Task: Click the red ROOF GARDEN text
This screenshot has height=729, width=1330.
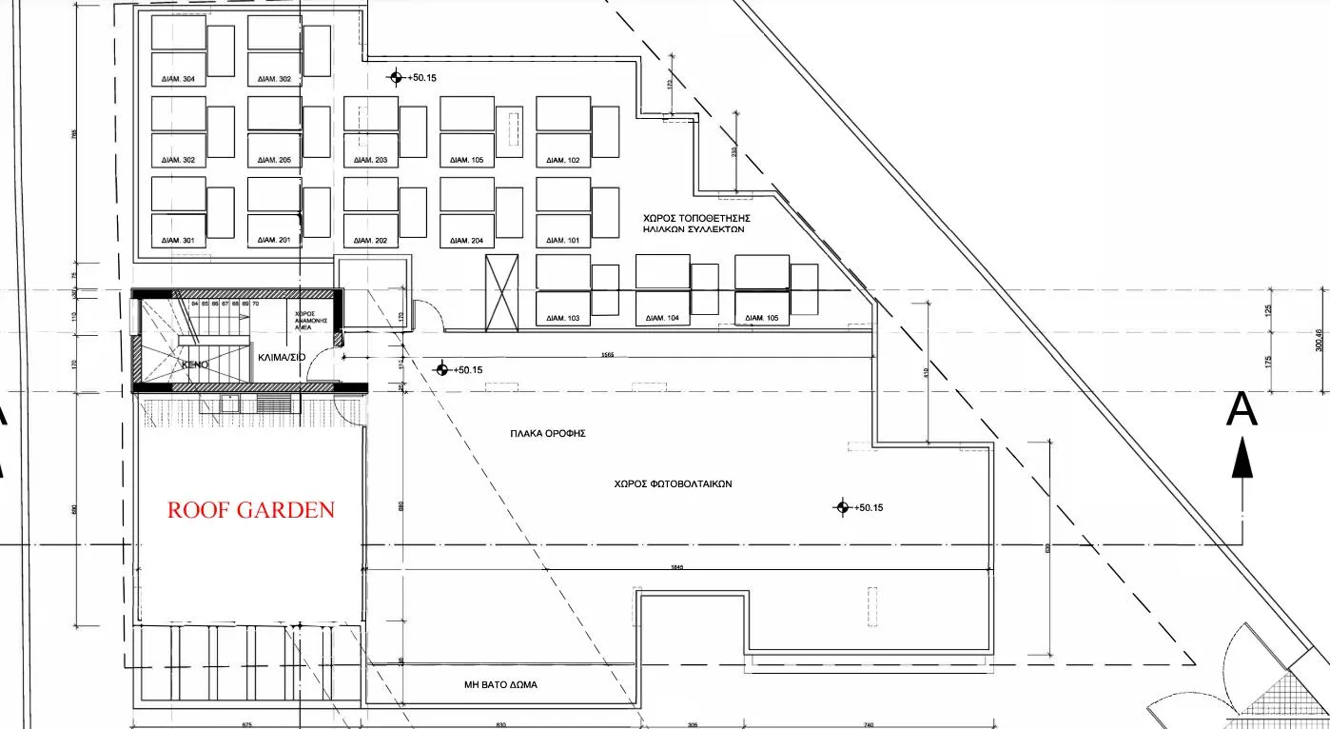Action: tap(251, 510)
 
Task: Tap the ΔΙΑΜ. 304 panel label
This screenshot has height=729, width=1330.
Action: tap(178, 79)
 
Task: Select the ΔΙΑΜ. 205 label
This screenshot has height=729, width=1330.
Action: tap(274, 161)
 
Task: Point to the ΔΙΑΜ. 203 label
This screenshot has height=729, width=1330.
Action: tap(370, 161)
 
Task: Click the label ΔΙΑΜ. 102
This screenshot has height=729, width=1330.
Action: tap(562, 161)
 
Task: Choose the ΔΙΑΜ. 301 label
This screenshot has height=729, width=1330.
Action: tap(178, 241)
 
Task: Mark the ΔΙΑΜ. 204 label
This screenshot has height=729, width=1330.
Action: tap(466, 241)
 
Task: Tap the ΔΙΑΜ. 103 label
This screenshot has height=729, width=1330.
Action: tap(562, 318)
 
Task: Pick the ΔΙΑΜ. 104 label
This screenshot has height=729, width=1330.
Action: tap(662, 318)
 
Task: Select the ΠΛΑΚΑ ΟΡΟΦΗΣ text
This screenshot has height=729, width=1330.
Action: tap(547, 433)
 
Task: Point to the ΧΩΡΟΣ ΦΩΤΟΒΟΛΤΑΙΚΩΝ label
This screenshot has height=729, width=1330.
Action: tap(673, 483)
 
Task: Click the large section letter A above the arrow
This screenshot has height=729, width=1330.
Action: tap(1241, 410)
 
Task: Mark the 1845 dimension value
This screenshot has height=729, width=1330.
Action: tap(676, 567)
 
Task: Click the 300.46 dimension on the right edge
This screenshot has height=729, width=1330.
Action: tap(1319, 339)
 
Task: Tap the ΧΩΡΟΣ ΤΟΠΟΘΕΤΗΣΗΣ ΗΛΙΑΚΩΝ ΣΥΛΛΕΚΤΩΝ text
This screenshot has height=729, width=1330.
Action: tap(691, 224)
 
